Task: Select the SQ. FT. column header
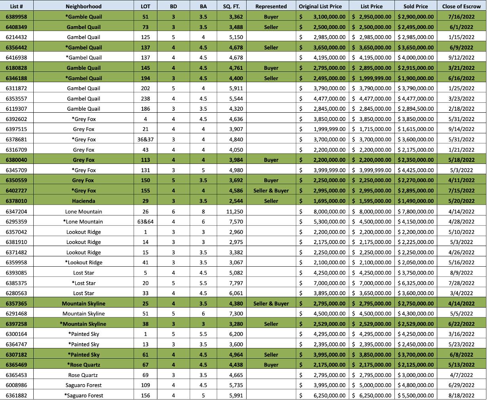[x=232, y=6]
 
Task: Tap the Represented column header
[x=271, y=6]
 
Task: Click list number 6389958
[x=17, y=17]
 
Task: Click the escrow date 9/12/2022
[x=461, y=58]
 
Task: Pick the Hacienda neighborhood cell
[x=84, y=201]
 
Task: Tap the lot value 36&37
[x=145, y=139]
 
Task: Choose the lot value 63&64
[x=145, y=221]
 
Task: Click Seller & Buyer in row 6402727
[x=271, y=190]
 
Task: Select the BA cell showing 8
[x=203, y=212]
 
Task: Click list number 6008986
[x=17, y=385]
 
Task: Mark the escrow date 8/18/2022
[x=461, y=395]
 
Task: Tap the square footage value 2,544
[x=236, y=201]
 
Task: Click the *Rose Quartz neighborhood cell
[x=84, y=365]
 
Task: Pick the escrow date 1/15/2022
[x=461, y=37]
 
